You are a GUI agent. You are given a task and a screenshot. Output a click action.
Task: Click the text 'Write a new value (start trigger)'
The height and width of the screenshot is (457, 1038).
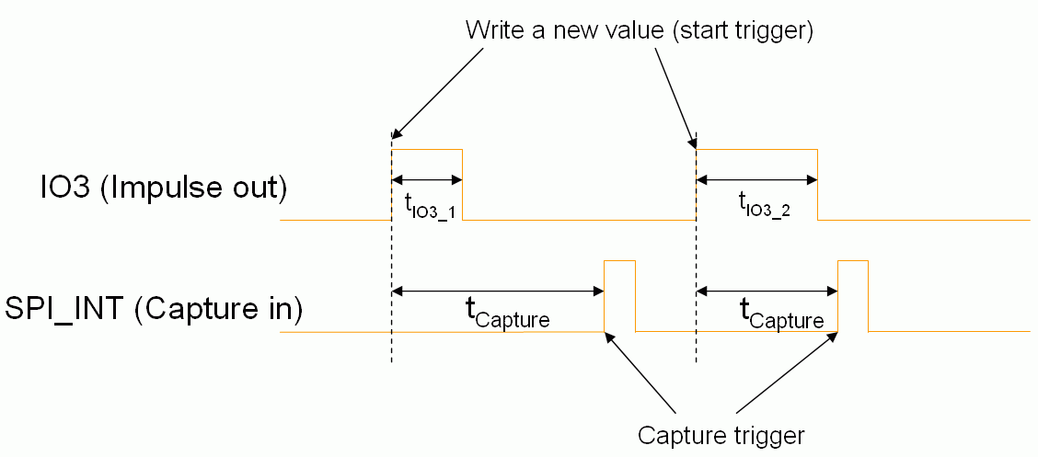click(639, 29)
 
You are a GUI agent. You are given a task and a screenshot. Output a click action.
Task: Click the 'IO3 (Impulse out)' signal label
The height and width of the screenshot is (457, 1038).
click(145, 189)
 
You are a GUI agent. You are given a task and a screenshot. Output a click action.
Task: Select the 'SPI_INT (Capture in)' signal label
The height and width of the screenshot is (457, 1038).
click(154, 308)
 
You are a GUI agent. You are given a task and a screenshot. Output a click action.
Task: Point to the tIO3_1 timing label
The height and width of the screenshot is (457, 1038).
click(430, 207)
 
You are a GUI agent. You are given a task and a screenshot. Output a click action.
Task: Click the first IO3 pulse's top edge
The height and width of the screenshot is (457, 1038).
click(427, 149)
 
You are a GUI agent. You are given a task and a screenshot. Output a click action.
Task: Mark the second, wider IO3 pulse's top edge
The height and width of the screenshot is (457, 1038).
click(756, 149)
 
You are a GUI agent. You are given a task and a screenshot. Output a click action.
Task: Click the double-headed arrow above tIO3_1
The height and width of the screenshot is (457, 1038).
click(427, 179)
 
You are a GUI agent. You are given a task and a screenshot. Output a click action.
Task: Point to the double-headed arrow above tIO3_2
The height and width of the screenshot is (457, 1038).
click(756, 179)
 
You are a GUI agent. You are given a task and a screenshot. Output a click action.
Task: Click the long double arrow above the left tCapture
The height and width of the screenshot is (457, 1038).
click(498, 291)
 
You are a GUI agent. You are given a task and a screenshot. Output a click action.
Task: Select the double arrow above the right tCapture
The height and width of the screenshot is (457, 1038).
click(767, 291)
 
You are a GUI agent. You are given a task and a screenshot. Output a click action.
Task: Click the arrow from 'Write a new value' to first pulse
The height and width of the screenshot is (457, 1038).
click(437, 92)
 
